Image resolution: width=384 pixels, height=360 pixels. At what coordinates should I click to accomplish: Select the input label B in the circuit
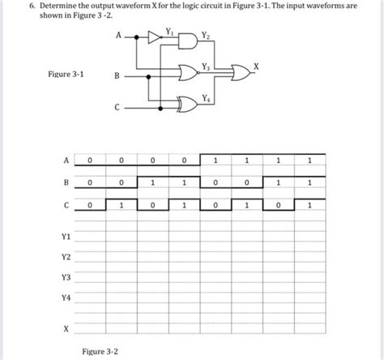coord(117,78)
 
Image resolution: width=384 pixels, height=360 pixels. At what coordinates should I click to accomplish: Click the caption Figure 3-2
coord(100,350)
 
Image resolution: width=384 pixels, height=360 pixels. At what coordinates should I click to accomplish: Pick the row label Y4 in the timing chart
coord(65,298)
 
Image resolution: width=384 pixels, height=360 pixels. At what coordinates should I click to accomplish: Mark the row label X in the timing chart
coord(66,329)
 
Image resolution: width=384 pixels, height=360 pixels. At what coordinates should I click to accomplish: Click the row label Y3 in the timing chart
coord(65,278)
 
